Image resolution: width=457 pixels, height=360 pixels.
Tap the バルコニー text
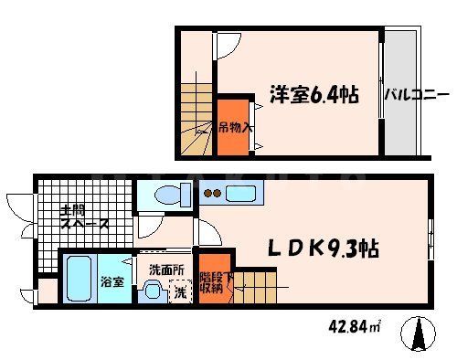(x=416, y=94)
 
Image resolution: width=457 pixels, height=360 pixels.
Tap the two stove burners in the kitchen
(x=212, y=193)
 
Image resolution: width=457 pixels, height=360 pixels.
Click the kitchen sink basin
(x=241, y=193)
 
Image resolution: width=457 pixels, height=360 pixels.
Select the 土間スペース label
(x=84, y=216)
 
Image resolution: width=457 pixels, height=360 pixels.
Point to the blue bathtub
(x=79, y=281)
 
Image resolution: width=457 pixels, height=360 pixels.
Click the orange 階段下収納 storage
(x=213, y=281)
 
